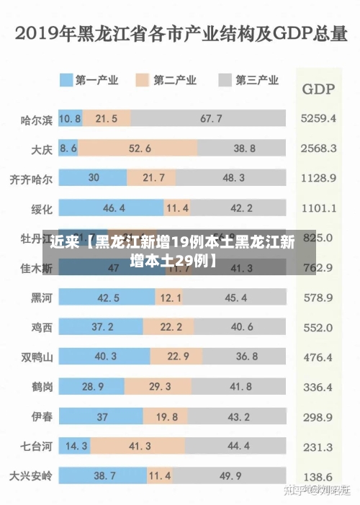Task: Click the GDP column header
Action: (x=318, y=89)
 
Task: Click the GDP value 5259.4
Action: (x=319, y=118)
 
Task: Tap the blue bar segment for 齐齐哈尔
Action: (x=93, y=177)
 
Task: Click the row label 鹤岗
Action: (x=41, y=387)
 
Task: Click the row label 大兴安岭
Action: (x=31, y=476)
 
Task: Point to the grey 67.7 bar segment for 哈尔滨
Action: (x=210, y=118)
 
